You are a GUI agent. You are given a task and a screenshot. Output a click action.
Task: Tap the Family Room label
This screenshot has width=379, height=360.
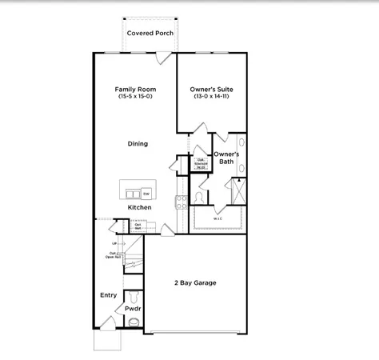(134, 89)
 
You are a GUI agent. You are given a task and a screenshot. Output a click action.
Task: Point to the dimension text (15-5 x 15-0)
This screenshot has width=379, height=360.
(134, 96)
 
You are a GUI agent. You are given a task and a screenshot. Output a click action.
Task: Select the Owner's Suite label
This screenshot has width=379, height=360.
(211, 89)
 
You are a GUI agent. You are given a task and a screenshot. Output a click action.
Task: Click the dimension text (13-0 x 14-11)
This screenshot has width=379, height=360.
(211, 96)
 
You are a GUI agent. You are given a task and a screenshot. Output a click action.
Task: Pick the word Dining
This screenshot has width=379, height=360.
(138, 144)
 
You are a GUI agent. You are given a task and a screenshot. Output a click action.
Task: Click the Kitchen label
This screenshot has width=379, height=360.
(139, 207)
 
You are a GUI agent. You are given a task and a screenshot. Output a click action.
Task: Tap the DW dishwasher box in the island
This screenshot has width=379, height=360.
(146, 193)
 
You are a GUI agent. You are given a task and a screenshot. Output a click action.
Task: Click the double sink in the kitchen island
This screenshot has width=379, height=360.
(130, 193)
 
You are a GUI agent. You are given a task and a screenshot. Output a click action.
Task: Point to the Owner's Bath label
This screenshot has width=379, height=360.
(226, 157)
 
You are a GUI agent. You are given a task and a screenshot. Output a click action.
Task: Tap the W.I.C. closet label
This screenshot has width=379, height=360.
(217, 218)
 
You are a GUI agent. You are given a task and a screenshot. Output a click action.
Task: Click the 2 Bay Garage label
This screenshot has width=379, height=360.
(195, 282)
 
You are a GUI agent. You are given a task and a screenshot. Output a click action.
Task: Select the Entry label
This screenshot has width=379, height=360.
(108, 294)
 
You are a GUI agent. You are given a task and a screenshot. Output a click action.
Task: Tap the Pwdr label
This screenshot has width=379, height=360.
(133, 307)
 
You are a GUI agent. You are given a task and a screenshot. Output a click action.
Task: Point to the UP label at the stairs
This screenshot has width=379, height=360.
(114, 242)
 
